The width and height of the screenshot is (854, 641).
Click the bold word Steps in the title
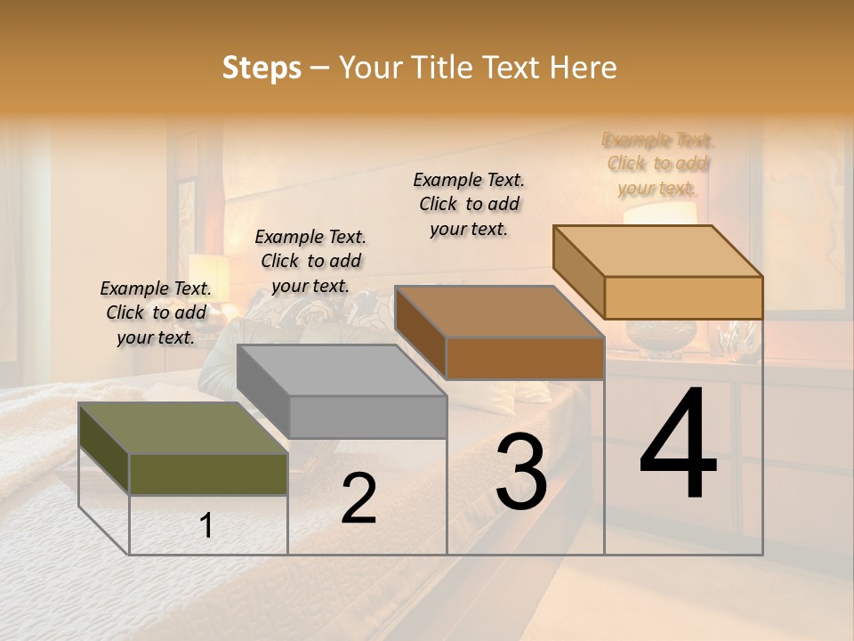pyautogui.click(x=262, y=68)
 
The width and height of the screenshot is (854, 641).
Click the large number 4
pyautogui.click(x=678, y=445)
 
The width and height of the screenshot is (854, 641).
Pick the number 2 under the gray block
pyautogui.click(x=359, y=499)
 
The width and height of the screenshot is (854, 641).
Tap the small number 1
pyautogui.click(x=206, y=526)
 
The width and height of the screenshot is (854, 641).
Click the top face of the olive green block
pyautogui.click(x=182, y=428)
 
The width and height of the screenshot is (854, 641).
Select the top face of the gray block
pyautogui.click(x=342, y=369)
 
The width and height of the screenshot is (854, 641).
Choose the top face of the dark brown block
pyautogui.click(x=500, y=312)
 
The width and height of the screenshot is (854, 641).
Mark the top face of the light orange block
pyautogui.click(x=658, y=251)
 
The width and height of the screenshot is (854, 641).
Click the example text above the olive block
pyautogui.click(x=157, y=312)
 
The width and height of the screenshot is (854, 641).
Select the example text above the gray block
pyautogui.click(x=310, y=261)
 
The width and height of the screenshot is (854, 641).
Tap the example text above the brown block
pyautogui.click(x=469, y=204)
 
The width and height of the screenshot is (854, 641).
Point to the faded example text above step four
pyautogui.click(x=658, y=164)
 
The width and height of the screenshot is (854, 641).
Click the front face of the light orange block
pyautogui.click(x=683, y=297)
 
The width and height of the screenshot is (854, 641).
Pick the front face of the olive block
pyautogui.click(x=208, y=474)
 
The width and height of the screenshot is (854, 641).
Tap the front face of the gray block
pyautogui.click(x=367, y=417)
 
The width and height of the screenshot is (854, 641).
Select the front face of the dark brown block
pyautogui.click(x=525, y=358)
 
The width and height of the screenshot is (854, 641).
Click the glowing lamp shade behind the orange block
pyautogui.click(x=659, y=213)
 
